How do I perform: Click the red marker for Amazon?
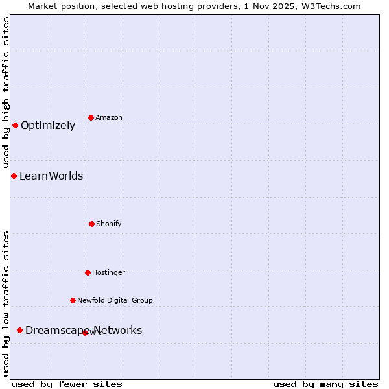[91, 117]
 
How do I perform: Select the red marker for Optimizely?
[15, 125]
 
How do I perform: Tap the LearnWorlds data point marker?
[14, 176]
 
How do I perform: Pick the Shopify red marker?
[91, 224]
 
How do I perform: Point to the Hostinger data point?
[88, 272]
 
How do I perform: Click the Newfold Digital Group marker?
[73, 300]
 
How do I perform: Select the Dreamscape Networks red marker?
[19, 330]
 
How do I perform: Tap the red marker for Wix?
[85, 333]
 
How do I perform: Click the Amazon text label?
[109, 117]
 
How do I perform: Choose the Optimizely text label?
[48, 126]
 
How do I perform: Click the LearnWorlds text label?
[51, 176]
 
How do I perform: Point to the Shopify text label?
[109, 224]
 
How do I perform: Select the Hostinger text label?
[108, 272]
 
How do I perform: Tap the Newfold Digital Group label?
[115, 300]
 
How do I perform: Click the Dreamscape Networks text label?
[84, 331]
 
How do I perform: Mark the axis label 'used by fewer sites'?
[67, 384]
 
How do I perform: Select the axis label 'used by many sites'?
[325, 384]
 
